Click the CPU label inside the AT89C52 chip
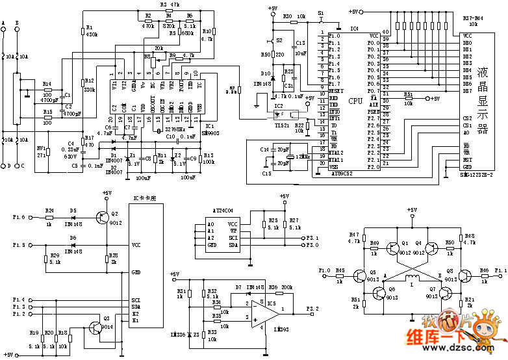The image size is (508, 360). [x=355, y=101]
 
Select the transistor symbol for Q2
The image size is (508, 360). [x=99, y=218]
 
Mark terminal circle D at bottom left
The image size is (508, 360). [x=4, y=165]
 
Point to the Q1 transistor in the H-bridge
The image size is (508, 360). [x=394, y=248]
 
